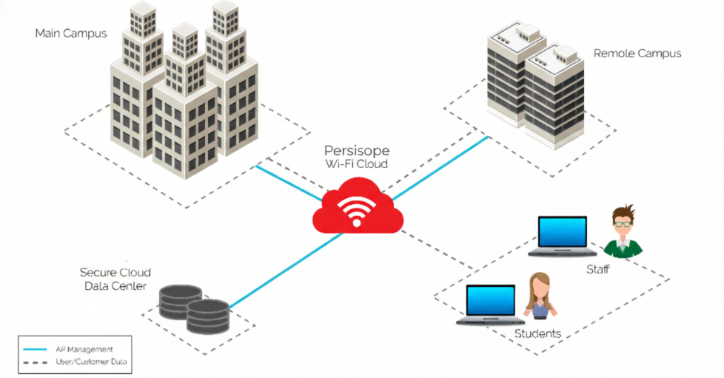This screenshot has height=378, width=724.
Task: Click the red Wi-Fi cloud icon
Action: pyautogui.click(x=358, y=206)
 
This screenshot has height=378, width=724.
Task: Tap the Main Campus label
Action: pyautogui.click(x=71, y=33)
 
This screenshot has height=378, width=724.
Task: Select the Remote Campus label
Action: pyautogui.click(x=637, y=53)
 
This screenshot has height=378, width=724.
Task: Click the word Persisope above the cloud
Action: pyautogui.click(x=357, y=150)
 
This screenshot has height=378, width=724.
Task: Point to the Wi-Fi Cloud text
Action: pyautogui.click(x=357, y=165)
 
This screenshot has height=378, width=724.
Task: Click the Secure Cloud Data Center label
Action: pyautogui.click(x=115, y=279)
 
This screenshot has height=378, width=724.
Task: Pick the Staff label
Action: pyautogui.click(x=598, y=269)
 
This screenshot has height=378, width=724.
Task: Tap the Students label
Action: pyautogui.click(x=537, y=333)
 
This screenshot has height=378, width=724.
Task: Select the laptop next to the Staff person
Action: pyautogui.click(x=563, y=236)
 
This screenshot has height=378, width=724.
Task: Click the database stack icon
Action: pyautogui.click(x=194, y=308)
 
